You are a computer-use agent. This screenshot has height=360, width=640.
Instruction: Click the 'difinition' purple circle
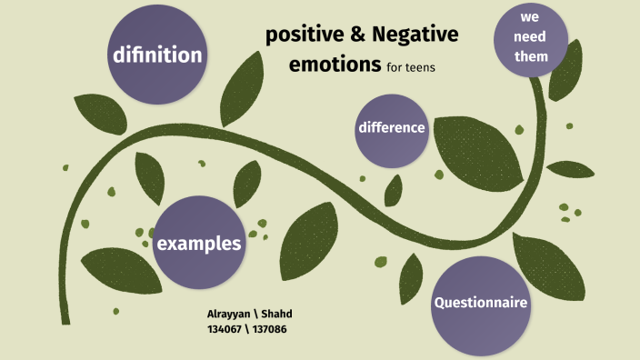pos(157,55)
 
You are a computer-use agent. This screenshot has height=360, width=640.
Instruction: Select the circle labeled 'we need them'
pos(532,39)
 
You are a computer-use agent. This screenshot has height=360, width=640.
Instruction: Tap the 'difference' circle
pos(392,128)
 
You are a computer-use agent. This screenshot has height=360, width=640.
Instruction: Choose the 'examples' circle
pos(199,243)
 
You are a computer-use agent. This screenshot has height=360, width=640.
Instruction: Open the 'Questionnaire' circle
pos(480,303)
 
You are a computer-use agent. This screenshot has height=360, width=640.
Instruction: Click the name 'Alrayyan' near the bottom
pos(232,314)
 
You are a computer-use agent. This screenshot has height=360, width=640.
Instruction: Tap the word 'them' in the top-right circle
pos(532,56)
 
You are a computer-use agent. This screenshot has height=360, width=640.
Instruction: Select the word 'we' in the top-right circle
pos(532,19)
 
